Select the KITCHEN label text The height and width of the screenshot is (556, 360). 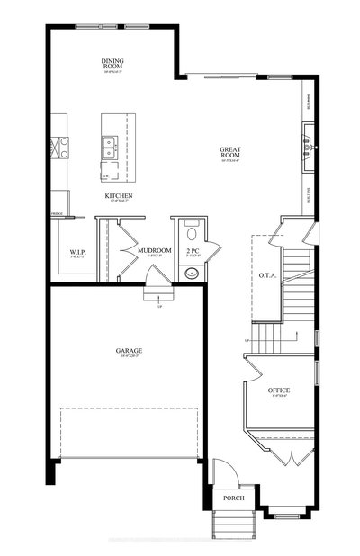point(119,196)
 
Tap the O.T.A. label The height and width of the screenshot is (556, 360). point(266,274)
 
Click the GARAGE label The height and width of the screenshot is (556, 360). point(129,351)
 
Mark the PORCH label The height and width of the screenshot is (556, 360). point(234,498)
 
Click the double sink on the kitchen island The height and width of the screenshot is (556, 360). point(109,142)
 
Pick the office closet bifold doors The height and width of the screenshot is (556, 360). point(287,457)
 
